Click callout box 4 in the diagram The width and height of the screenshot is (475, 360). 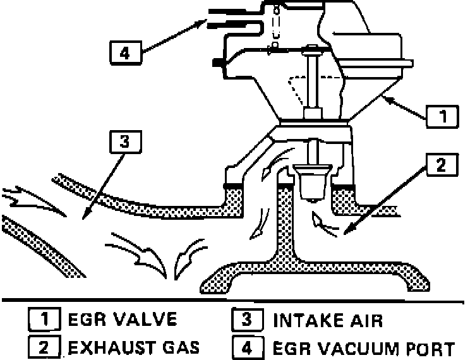tap(124, 52)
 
